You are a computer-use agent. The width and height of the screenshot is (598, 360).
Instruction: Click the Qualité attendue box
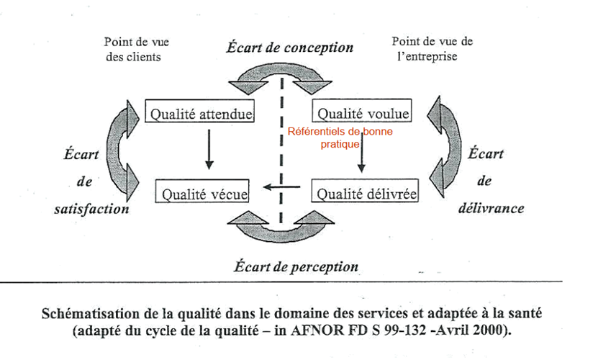tap(201, 113)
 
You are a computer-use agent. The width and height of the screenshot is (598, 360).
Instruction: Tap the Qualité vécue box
tap(204, 193)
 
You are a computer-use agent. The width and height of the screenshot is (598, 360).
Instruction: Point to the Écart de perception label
tap(296, 266)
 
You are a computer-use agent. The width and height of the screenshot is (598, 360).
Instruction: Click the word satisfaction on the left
tap(92, 209)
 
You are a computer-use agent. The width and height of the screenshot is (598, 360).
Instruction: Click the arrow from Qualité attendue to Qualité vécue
tap(209, 149)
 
